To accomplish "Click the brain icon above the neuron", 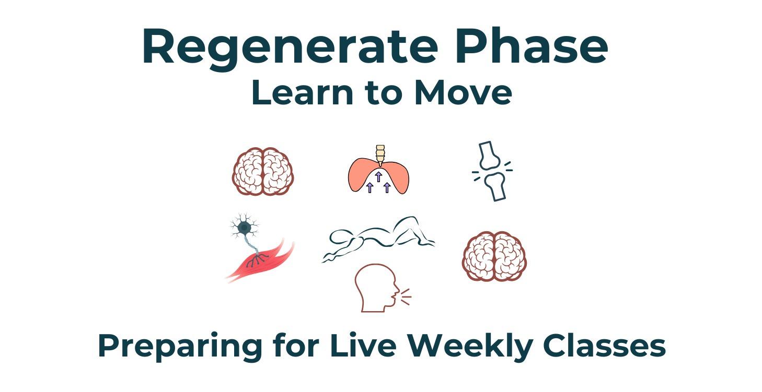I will [x=263, y=171].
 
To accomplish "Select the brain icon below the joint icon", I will [x=494, y=256].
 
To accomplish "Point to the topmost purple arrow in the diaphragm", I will [x=378, y=176].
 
